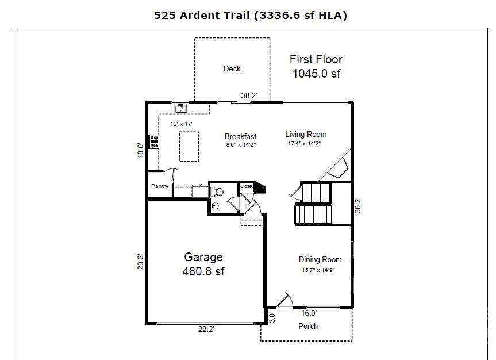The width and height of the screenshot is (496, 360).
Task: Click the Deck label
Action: coord(232,68)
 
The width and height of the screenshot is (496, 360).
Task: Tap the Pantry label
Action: coord(160,186)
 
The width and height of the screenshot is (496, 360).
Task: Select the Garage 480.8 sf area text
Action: coord(203,264)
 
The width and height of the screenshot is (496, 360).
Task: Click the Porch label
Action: coord(308,326)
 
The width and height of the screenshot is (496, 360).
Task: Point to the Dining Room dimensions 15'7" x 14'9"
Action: coord(318,270)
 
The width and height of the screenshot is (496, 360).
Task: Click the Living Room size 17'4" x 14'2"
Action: coord(304,143)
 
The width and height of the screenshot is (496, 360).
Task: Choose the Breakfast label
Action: coord(240,136)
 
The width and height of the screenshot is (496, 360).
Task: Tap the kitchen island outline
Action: coord(189,147)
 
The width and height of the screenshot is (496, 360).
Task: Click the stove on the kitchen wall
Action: coord(154,141)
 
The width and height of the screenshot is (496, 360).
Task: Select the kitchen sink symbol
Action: coord(181,108)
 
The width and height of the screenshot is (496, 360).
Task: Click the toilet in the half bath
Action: coord(217,192)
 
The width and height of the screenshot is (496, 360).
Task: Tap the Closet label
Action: coord(247,186)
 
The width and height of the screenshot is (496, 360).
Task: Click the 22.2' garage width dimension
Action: coord(206,330)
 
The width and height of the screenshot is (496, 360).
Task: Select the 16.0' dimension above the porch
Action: coord(309,313)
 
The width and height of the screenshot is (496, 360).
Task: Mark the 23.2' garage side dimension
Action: coord(140,262)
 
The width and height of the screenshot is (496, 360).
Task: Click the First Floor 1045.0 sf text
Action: coord(316,66)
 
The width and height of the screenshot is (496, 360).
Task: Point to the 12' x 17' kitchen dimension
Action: coord(181,124)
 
